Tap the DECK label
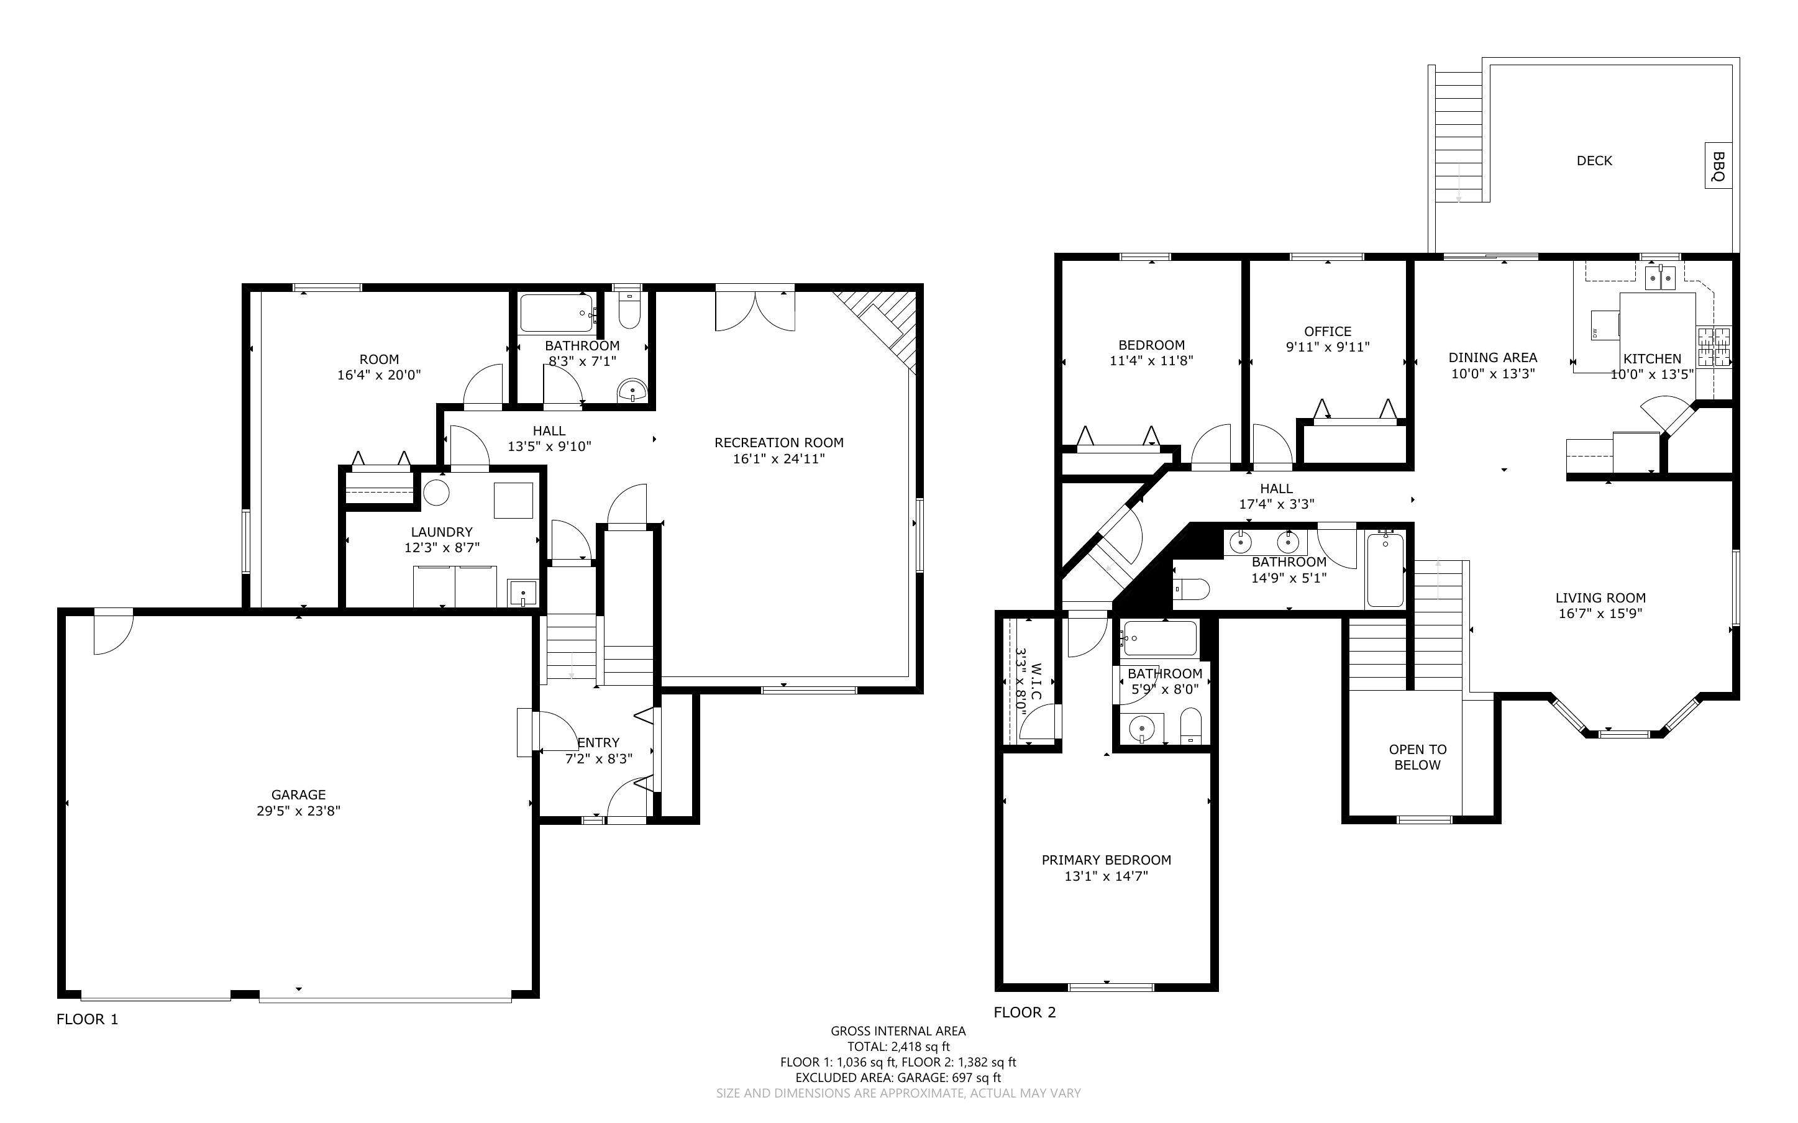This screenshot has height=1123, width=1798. point(1594,160)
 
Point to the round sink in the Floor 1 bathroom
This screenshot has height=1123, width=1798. point(632,389)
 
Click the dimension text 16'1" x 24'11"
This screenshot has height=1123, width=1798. point(778,459)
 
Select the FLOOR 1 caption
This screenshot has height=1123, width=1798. point(87,1019)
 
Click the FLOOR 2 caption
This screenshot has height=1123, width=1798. point(1024,1012)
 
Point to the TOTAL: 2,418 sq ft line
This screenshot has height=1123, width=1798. point(898,1047)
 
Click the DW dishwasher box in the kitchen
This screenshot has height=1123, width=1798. point(1605,325)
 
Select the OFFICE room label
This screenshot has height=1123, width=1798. point(1327,331)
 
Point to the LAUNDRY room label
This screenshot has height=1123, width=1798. point(441,532)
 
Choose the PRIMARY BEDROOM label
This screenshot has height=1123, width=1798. point(1106,860)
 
